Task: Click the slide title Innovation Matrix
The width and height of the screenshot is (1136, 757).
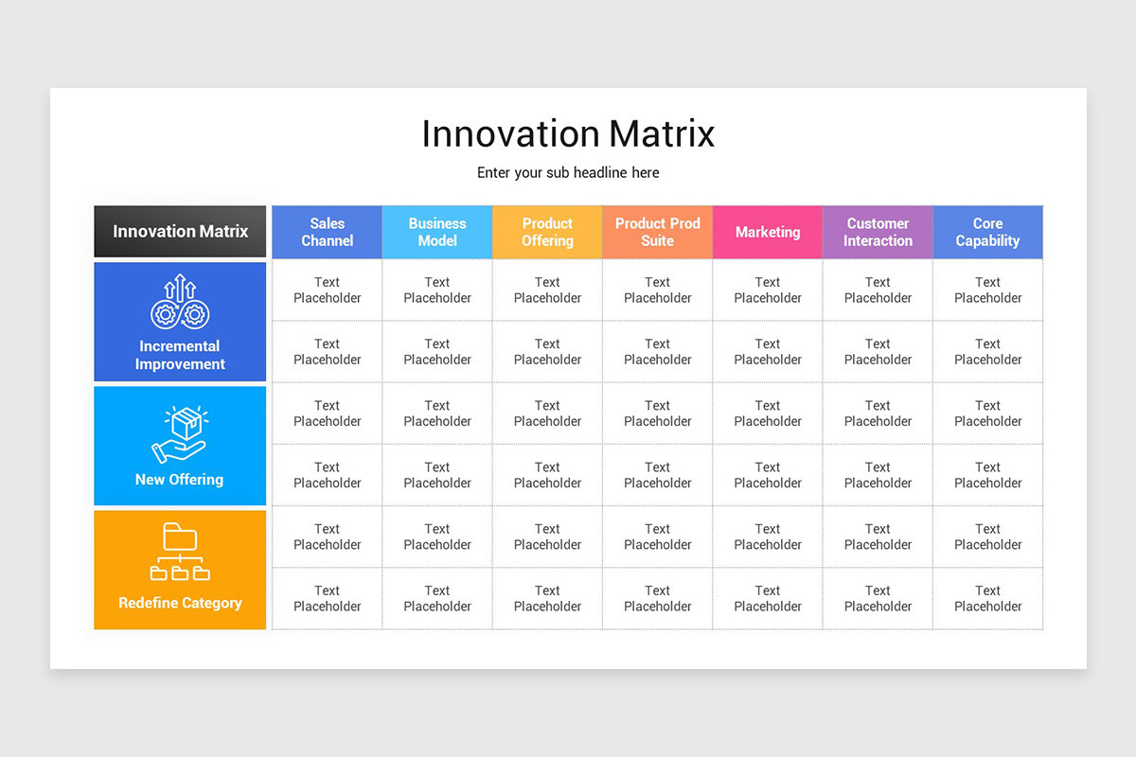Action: click(568, 133)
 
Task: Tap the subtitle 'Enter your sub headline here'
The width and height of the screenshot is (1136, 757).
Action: click(568, 172)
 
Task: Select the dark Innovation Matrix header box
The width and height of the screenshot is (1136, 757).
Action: click(180, 232)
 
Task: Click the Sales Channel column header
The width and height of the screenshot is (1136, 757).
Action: click(327, 232)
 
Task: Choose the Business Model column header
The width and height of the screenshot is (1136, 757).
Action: click(437, 232)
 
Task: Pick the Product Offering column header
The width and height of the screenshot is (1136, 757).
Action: click(547, 232)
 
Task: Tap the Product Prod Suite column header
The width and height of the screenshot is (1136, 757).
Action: click(657, 232)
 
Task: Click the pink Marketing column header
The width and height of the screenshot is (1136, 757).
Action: click(768, 232)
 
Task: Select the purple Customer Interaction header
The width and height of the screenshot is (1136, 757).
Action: click(878, 232)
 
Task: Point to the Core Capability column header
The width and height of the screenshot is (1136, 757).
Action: click(987, 232)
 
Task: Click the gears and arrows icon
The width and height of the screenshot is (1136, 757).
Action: click(180, 303)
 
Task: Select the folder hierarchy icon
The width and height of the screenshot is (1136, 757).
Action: click(180, 551)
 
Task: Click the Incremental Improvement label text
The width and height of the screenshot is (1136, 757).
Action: click(180, 355)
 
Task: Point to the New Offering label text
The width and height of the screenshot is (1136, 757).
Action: click(180, 480)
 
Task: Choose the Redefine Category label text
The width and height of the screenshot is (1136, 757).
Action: click(180, 603)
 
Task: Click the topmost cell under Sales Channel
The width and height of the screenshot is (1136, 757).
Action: click(327, 290)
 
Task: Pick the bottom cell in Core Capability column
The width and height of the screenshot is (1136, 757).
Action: click(987, 598)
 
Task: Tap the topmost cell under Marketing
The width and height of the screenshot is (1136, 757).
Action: click(768, 290)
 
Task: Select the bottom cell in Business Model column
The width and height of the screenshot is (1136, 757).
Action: click(437, 598)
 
